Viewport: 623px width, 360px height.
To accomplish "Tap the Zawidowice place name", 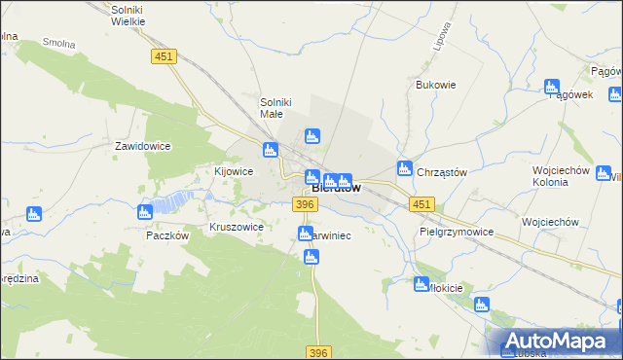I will tap(143, 146).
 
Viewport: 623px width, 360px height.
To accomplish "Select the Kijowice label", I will tap(234, 171).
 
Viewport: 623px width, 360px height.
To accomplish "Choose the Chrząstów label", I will tap(442, 172).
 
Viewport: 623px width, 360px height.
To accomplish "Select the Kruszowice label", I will tap(237, 227).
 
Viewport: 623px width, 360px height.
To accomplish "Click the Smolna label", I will tap(58, 44).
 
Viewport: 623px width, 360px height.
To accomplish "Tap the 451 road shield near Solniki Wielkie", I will tap(164, 57).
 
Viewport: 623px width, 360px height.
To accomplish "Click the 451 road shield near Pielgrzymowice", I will tap(421, 203).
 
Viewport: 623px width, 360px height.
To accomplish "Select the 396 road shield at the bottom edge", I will tap(317, 352).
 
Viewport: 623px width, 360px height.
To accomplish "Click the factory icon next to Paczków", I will tap(145, 212).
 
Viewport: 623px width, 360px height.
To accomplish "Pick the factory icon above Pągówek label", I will tap(552, 86).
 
